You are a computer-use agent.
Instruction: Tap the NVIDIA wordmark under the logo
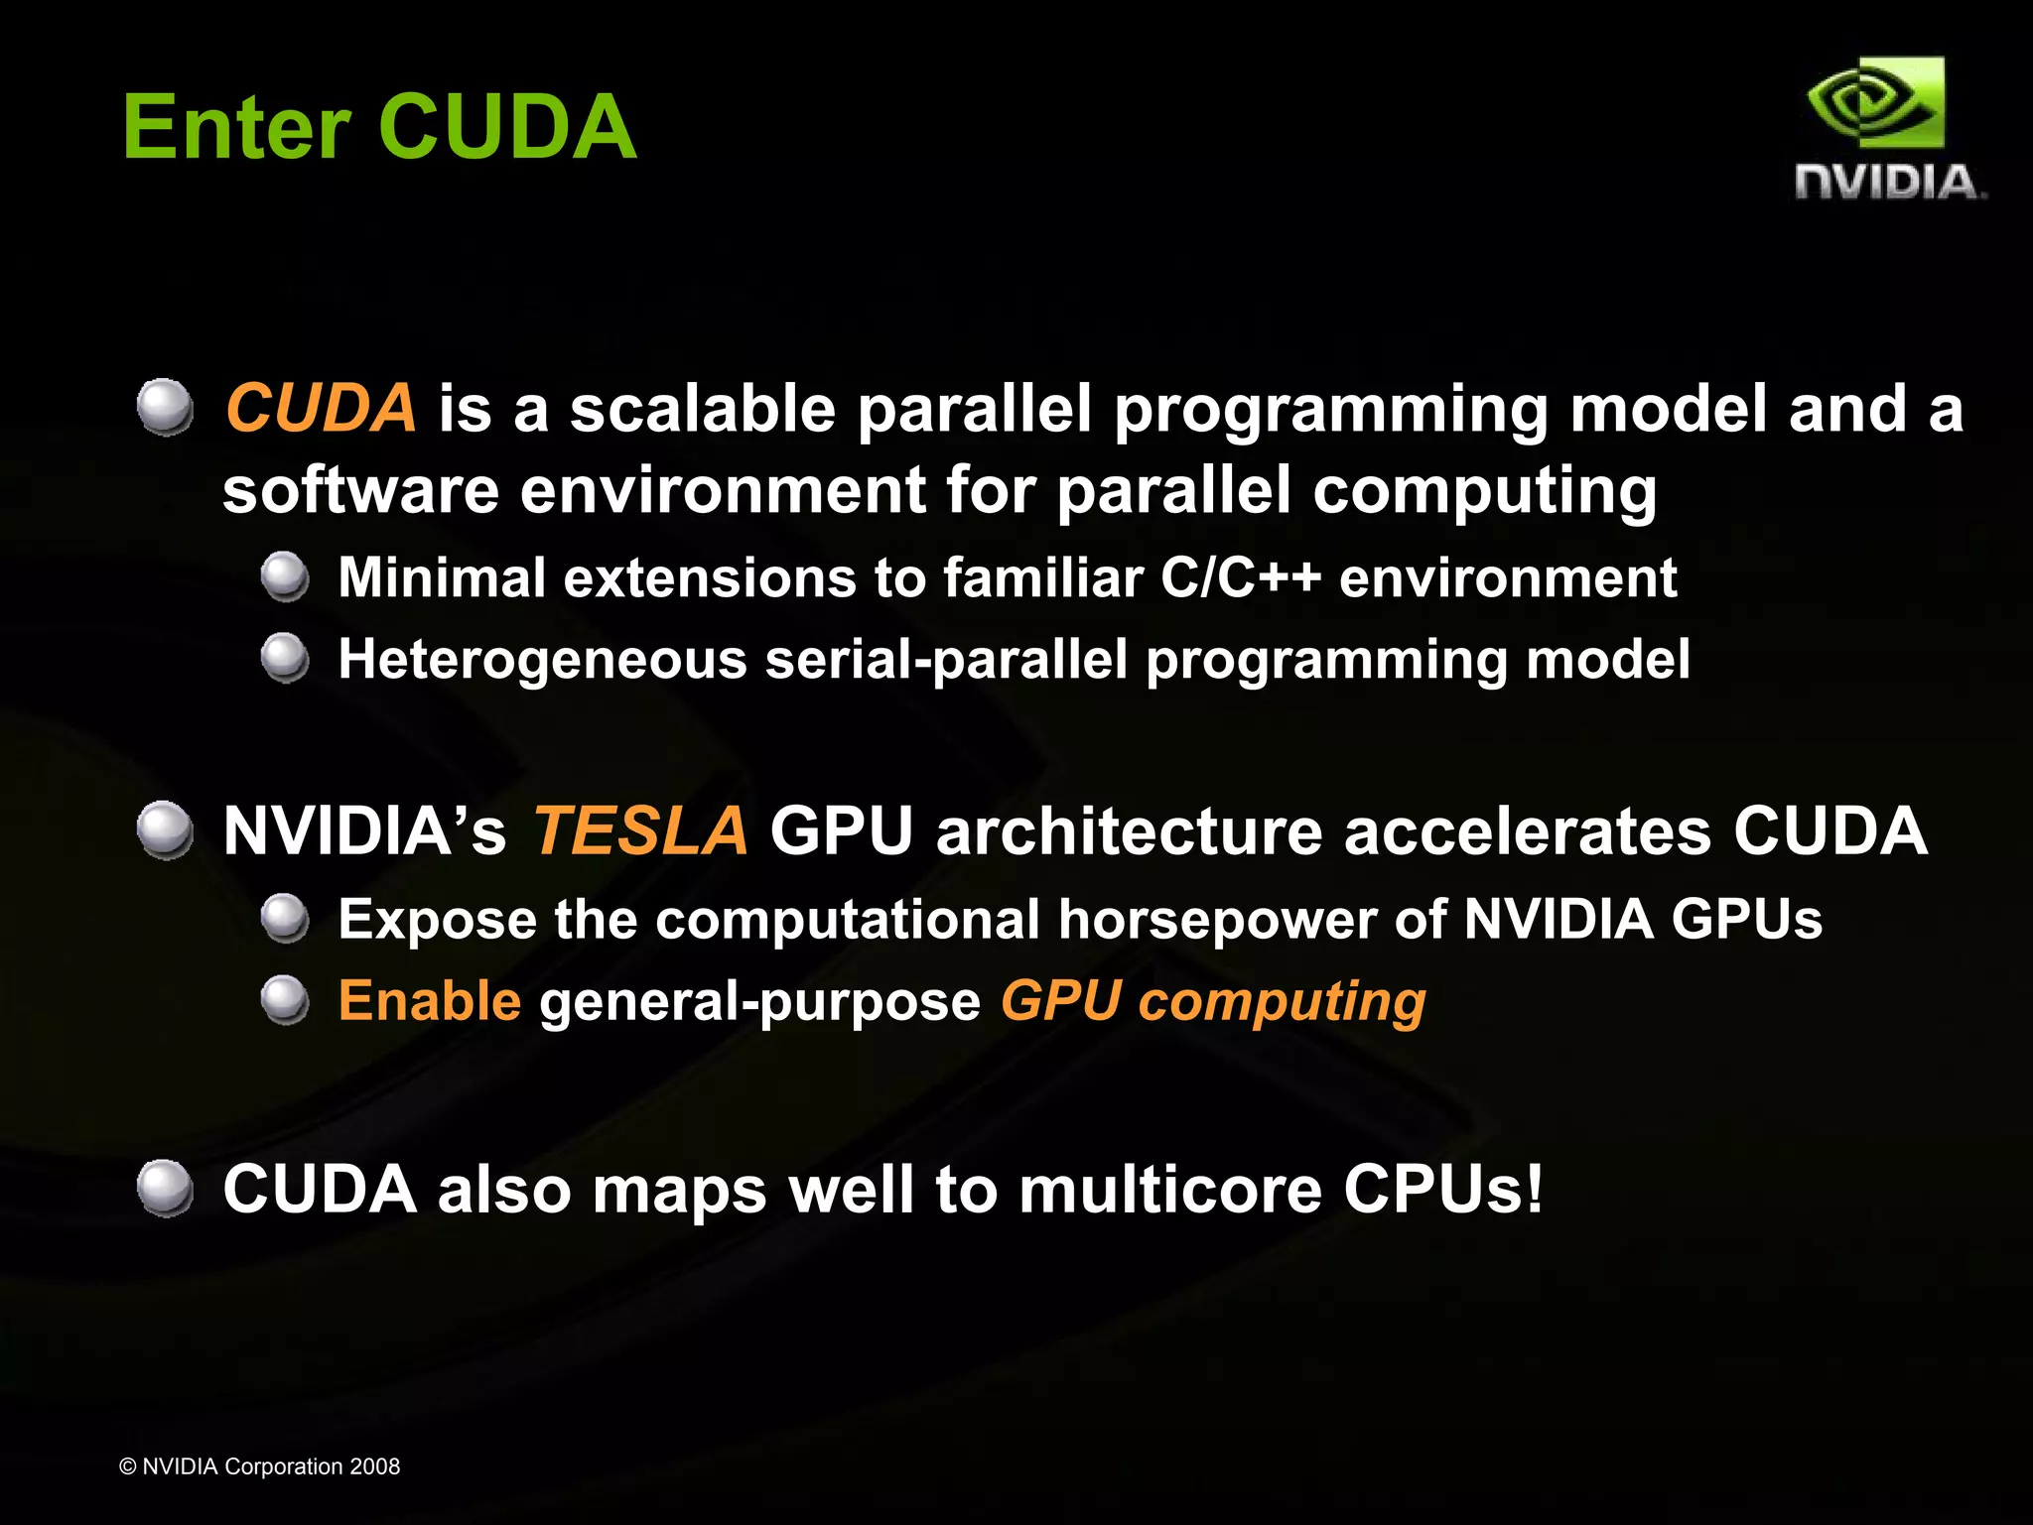coord(1889,183)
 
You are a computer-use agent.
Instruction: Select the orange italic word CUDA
coord(321,408)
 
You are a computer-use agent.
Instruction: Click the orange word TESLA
coord(640,830)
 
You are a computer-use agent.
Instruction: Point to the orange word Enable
coord(429,1000)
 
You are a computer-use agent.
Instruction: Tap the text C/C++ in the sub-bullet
coord(1240,577)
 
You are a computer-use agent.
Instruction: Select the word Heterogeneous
coord(542,659)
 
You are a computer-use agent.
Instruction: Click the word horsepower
coord(1216,919)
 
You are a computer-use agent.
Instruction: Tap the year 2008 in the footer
coord(374,1466)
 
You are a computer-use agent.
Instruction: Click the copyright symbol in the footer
coord(128,1466)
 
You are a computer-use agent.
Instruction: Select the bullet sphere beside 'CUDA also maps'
coord(165,1188)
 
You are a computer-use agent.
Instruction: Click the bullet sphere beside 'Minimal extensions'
coord(286,576)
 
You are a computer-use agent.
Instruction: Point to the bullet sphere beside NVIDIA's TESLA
coord(165,830)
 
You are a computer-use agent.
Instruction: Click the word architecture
coord(1129,830)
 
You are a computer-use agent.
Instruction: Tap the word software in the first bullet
coord(360,490)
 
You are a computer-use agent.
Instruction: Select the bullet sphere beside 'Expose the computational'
coord(286,918)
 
